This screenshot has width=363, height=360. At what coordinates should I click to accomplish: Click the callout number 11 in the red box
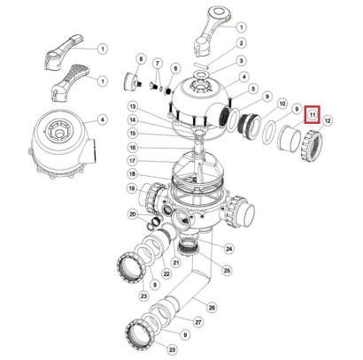pos(313,114)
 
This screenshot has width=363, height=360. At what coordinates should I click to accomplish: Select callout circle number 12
pos(328,120)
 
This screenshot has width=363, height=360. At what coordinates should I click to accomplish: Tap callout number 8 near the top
pos(141,59)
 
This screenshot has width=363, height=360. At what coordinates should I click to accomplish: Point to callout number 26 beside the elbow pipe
pos(212,308)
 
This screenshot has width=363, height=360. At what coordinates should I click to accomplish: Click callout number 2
pos(242,43)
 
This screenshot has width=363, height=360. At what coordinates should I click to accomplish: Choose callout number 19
pos(133,188)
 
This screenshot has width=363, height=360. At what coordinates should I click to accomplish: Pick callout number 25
pos(227,270)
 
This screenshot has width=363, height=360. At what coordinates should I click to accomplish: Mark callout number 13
pos(133,106)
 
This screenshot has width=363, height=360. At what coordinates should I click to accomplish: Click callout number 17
pos(133,161)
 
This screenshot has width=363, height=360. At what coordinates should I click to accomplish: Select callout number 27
pos(198,322)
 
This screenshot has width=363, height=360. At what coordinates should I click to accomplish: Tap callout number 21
pos(176,262)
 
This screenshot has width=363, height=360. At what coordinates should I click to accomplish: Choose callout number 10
pos(282,103)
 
